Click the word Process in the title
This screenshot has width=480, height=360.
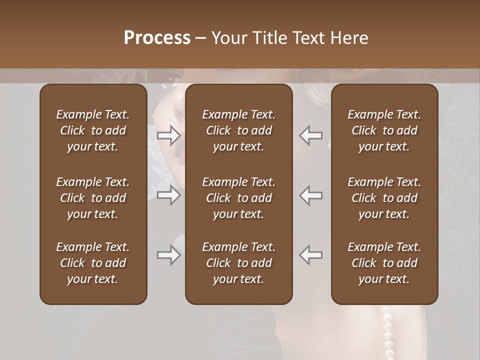point(157,38)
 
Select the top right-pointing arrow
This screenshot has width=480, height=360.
point(168,135)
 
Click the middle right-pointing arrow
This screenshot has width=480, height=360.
point(168,195)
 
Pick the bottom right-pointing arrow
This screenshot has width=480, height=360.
point(168,255)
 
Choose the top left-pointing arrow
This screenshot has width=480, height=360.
point(311,135)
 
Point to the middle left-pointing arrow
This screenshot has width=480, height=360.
point(311,195)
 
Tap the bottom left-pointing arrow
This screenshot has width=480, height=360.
point(311,255)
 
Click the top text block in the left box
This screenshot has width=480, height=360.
point(93,130)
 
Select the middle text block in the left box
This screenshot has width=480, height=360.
point(93,198)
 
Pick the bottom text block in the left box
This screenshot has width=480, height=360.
point(93,263)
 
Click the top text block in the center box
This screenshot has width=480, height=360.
point(239,130)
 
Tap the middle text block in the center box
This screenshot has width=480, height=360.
point(239,198)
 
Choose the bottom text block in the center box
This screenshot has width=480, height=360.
point(239,263)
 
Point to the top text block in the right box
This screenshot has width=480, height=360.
point(384,130)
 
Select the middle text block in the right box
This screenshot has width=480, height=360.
point(384,198)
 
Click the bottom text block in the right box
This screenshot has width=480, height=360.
point(384,263)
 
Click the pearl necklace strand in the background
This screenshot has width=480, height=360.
point(387,332)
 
